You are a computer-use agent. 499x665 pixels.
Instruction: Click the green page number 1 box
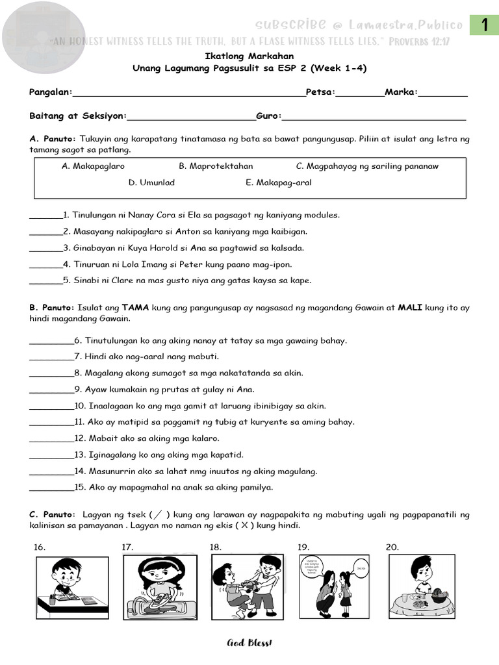click(484, 25)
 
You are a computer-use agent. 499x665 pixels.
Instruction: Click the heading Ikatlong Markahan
click(249, 56)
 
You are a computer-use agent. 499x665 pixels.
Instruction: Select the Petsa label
click(320, 92)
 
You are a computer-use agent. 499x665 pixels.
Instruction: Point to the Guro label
click(268, 116)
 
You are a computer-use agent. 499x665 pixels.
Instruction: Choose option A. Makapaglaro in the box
click(93, 166)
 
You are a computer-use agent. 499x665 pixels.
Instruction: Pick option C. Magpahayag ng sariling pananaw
click(367, 166)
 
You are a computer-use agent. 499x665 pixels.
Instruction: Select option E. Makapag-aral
click(279, 182)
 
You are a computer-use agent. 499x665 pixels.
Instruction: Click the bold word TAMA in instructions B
click(135, 307)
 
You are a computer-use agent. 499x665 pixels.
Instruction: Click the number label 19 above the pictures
click(303, 547)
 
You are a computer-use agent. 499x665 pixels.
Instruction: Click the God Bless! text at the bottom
click(249, 643)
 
